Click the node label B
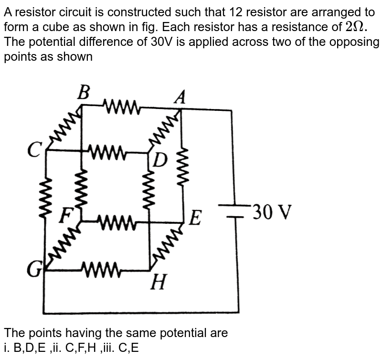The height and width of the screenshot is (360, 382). pos(83,92)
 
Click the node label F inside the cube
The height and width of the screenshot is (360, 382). pos(65,217)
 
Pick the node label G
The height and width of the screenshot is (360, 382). pos(33,271)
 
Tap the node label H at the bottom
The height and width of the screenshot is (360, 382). pos(159,284)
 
